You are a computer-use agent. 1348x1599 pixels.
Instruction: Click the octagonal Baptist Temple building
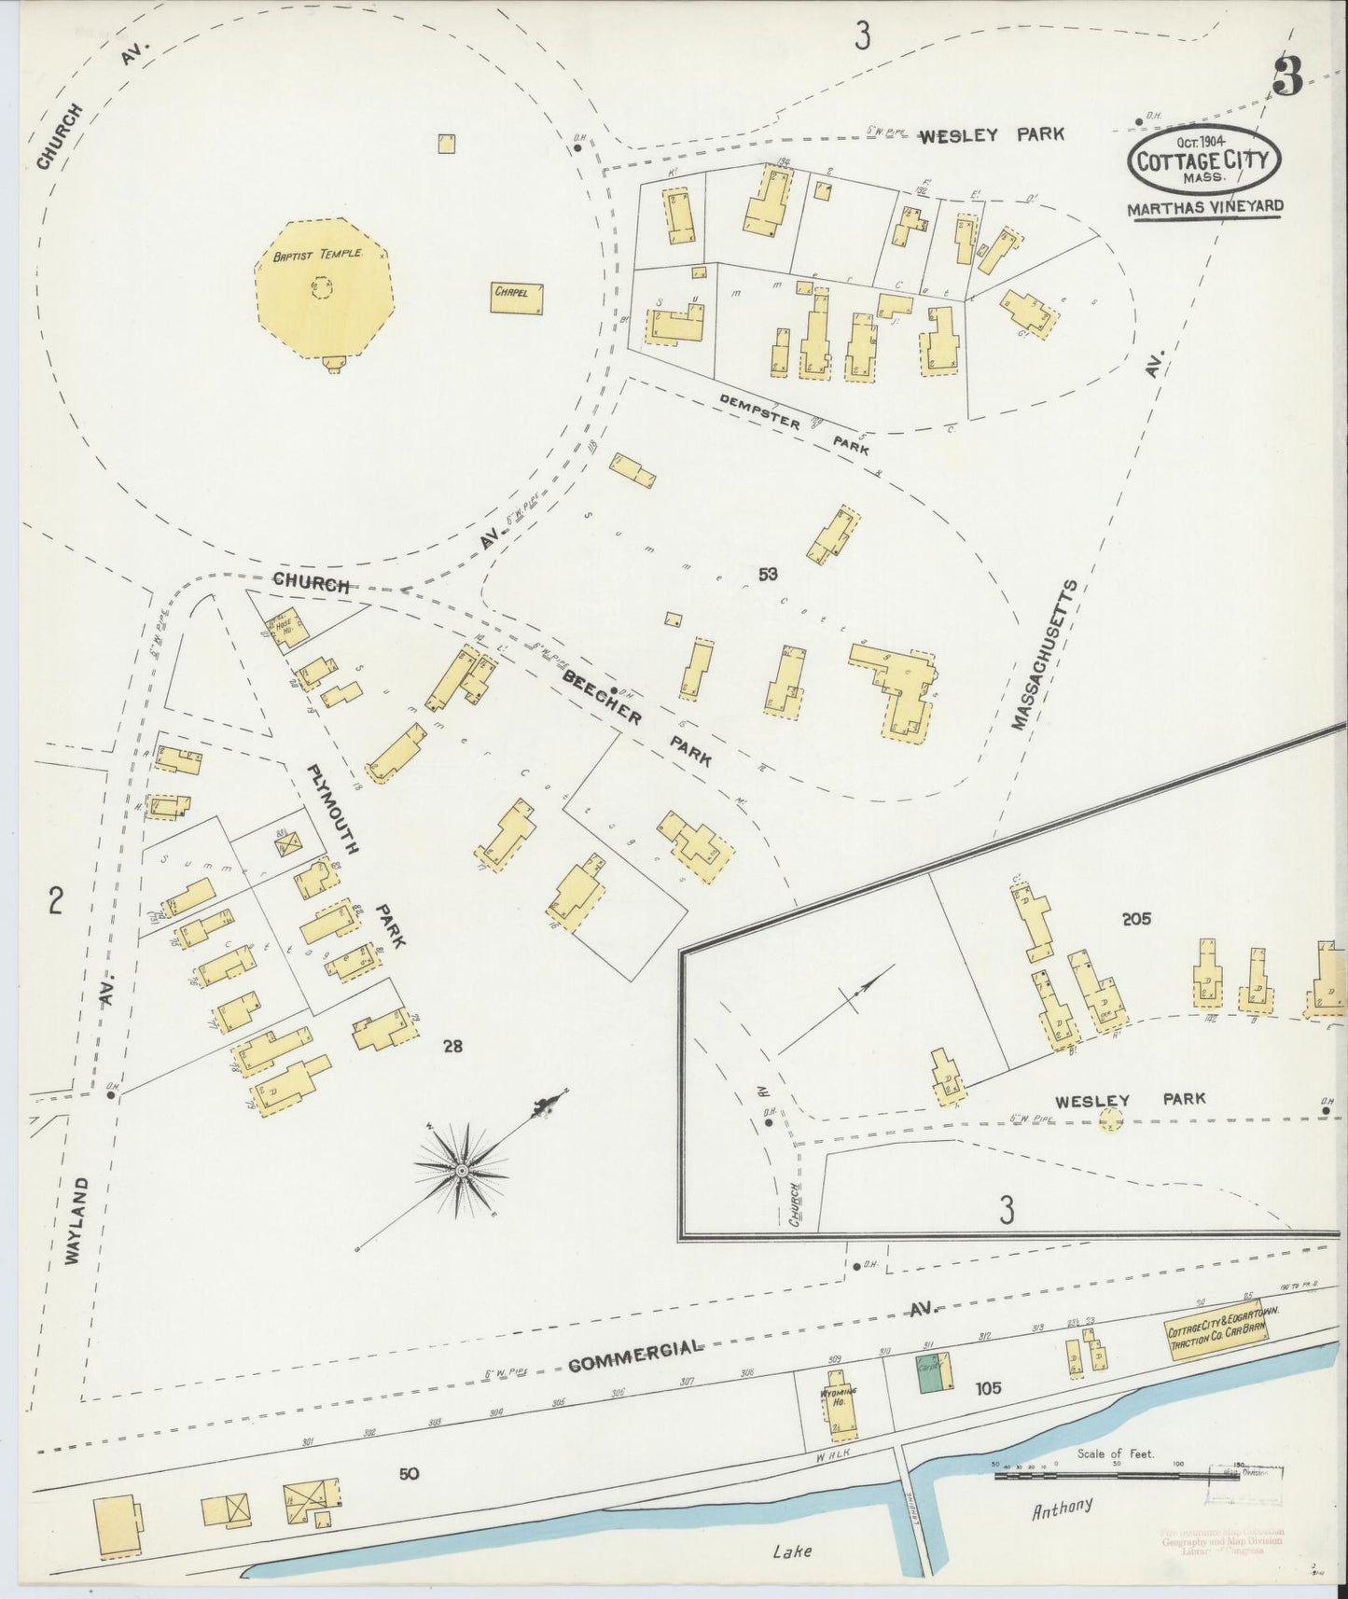click(324, 288)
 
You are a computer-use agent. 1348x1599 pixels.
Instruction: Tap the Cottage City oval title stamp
click(1203, 160)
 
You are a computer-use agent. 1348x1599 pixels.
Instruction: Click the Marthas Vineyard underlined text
click(1205, 208)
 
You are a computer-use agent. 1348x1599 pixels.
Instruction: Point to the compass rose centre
click(462, 1169)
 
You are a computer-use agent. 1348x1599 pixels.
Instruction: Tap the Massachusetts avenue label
click(1045, 655)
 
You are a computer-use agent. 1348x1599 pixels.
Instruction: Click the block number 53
click(768, 575)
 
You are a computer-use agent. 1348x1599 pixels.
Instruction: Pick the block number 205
click(1136, 919)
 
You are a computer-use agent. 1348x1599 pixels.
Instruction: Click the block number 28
click(452, 1047)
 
